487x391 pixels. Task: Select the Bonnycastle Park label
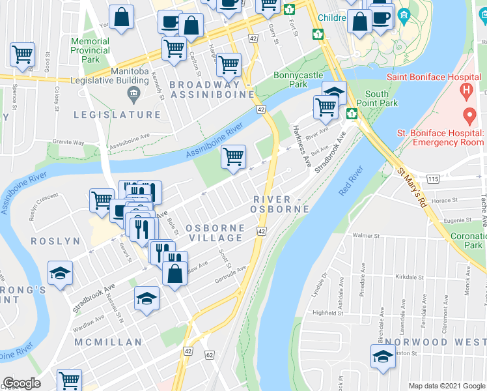(298, 80)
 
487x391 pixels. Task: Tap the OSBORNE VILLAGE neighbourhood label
(215, 233)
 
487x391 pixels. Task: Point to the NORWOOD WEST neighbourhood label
(434, 341)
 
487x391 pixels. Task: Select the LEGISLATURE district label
(117, 115)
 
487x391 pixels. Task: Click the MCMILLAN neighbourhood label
(108, 342)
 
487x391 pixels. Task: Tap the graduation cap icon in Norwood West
(383, 358)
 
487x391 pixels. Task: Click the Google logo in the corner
(21, 383)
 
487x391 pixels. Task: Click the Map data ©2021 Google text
(447, 386)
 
